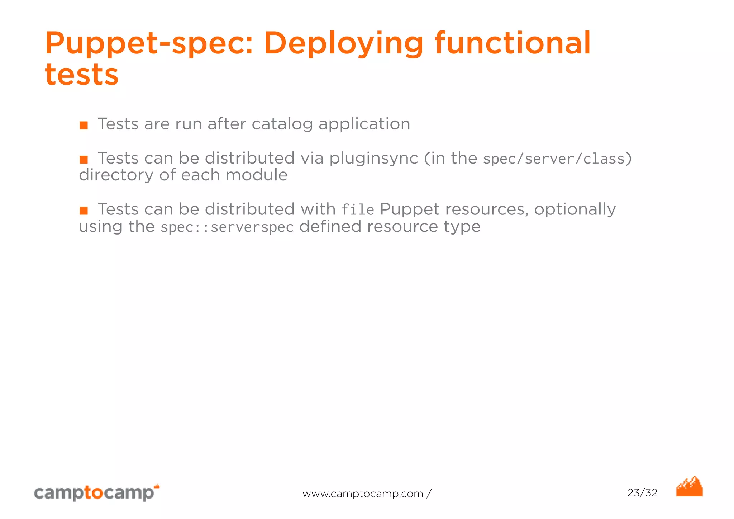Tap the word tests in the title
tap(82, 75)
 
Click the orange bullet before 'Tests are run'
tap(84, 125)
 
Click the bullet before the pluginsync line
tap(84, 159)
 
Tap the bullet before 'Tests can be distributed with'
tap(84, 211)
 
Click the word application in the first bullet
tap(364, 124)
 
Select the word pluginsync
tap(373, 159)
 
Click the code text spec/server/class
tap(554, 159)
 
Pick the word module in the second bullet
tap(257, 175)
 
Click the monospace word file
tap(357, 210)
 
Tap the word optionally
tap(575, 209)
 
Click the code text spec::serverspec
tap(227, 227)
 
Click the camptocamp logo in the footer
tap(96, 492)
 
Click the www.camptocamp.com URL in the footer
tap(363, 494)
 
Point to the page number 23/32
tap(642, 493)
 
